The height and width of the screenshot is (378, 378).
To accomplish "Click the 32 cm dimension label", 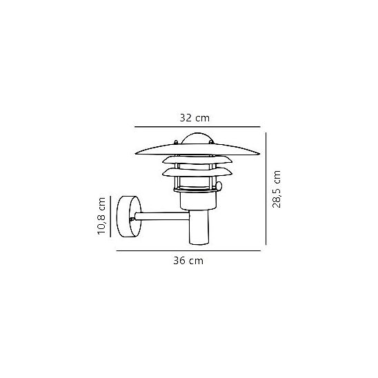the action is pos(195,118).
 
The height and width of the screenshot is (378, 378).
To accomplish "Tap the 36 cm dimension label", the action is pos(188,261).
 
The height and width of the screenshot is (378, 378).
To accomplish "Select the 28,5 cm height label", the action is pos(277,189).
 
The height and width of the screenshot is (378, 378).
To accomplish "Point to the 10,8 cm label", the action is pos(101,216).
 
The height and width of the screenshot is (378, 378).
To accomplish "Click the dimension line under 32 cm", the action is pos(197,126).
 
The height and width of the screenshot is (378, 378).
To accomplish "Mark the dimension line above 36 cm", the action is pos(188,250).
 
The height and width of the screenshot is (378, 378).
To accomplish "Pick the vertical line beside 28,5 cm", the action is pos(266,188).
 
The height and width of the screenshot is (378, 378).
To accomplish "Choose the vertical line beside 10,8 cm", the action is pos(110,216).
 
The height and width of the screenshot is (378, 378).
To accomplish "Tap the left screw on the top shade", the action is pos(176,142).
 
